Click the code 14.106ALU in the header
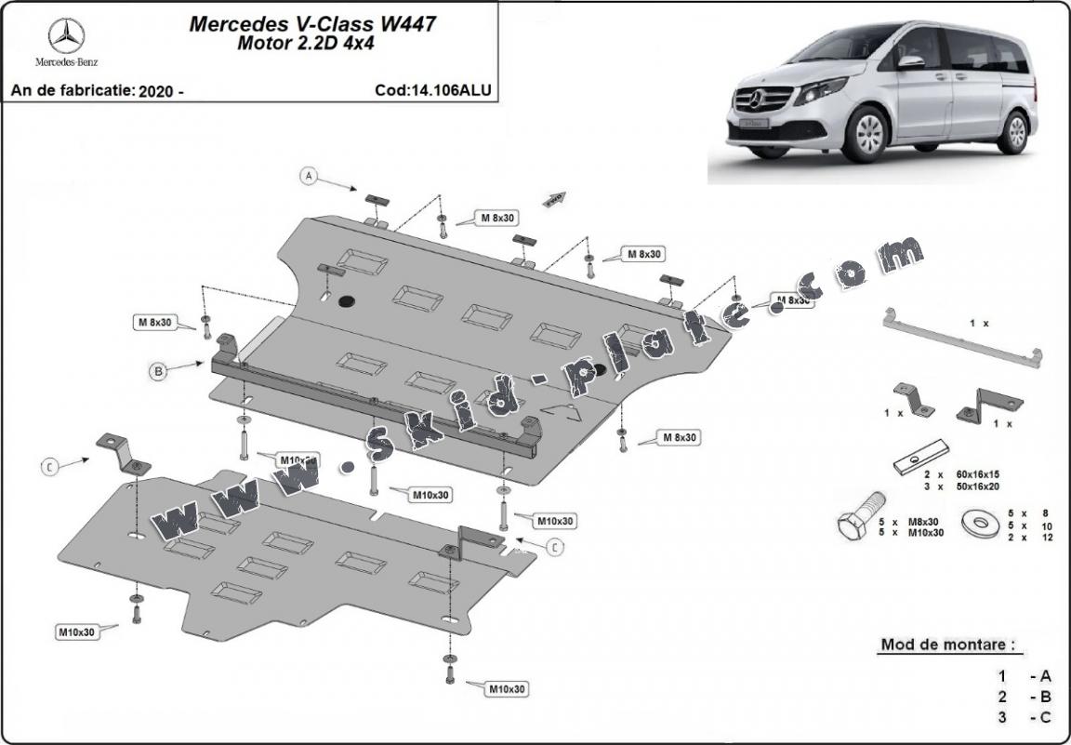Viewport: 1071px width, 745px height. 433,90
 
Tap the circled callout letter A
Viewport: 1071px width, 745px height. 310,175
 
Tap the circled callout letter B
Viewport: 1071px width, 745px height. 159,371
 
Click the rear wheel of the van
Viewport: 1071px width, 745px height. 1016,131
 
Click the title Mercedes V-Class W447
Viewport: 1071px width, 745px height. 312,24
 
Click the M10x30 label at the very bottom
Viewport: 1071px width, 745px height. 506,689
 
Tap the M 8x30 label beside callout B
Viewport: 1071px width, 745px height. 155,323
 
